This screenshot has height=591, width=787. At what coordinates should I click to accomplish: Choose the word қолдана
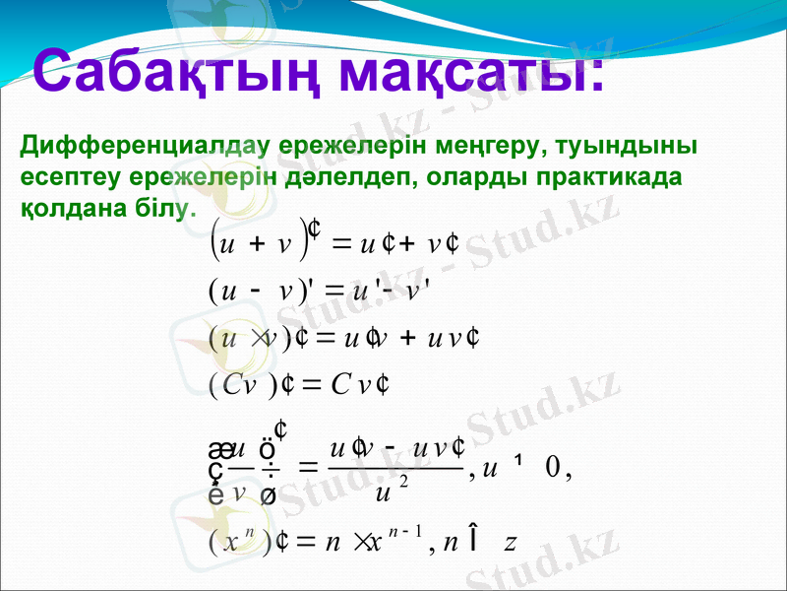tap(65, 210)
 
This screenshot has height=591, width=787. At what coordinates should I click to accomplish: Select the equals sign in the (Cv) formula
tap(299, 383)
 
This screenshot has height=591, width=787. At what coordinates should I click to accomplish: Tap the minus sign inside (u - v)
tap(255, 289)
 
